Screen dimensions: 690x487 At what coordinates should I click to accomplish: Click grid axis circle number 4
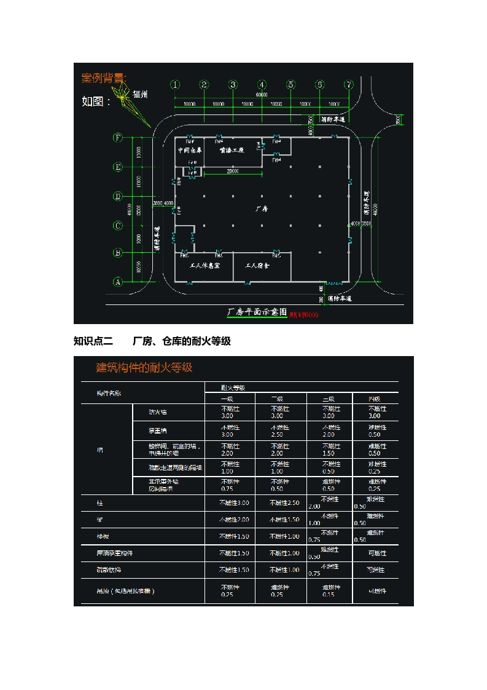pos(262,85)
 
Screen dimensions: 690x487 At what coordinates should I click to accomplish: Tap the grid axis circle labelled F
pos(117,138)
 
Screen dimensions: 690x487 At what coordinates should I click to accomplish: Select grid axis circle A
pos(117,282)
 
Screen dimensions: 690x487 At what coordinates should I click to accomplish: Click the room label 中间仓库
pos(190,150)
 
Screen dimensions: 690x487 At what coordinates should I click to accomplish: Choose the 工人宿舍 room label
pos(258,266)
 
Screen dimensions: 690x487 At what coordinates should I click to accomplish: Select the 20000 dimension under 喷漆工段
pos(233,171)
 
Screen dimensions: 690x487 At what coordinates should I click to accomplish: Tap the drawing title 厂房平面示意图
pos(257,312)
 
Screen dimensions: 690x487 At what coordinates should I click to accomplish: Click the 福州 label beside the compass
pos(141,95)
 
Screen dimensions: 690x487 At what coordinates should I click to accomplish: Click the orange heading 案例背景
pos(104,78)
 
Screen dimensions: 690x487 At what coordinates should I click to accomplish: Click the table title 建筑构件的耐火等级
pos(144,368)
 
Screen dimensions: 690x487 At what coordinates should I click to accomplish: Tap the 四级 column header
pos(375,399)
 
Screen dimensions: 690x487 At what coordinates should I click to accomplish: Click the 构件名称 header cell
pos(109,393)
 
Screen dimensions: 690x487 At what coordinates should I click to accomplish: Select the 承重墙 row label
pos(158,430)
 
